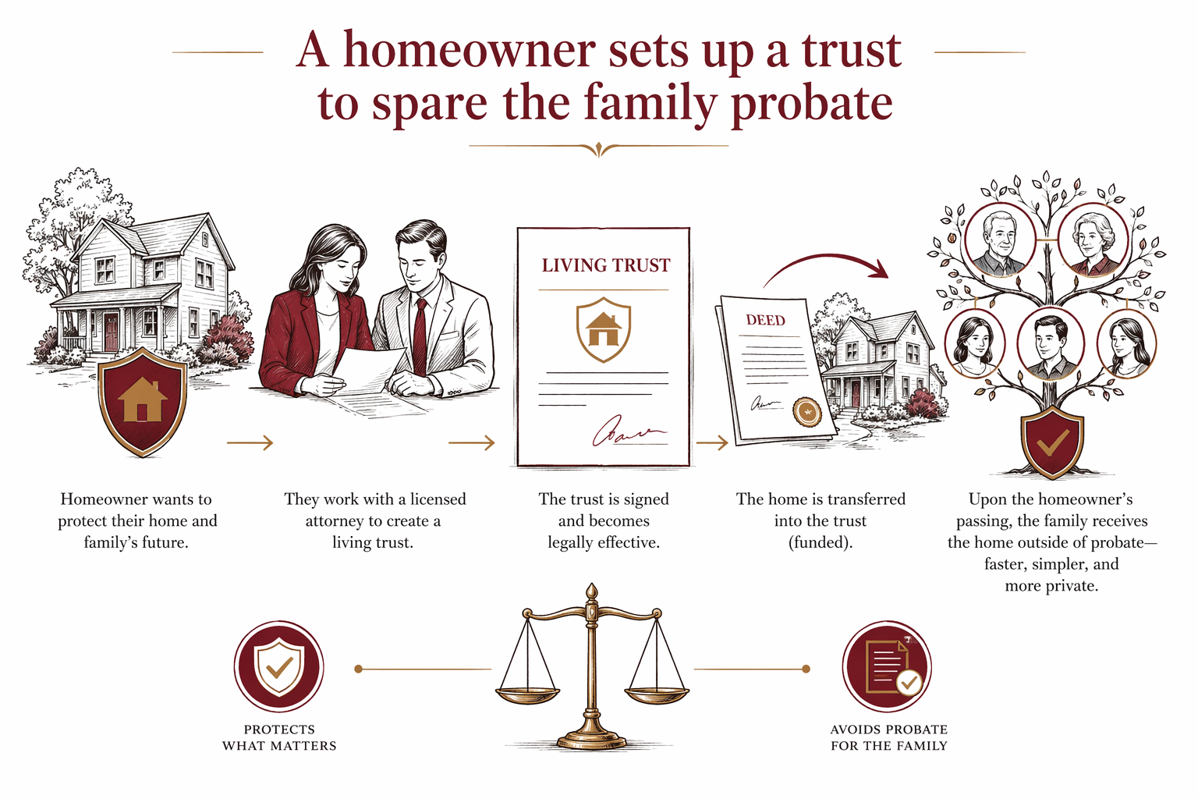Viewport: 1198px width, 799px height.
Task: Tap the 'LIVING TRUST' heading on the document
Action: pos(606,265)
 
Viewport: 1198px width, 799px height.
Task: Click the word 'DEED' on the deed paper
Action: pos(765,320)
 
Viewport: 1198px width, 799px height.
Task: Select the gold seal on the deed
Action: pos(806,411)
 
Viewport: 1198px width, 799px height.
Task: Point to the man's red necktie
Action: pos(420,336)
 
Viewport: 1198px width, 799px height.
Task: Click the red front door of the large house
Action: pos(111,332)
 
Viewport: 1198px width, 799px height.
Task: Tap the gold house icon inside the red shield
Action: pos(142,400)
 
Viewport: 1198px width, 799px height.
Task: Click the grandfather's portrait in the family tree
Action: pos(1000,240)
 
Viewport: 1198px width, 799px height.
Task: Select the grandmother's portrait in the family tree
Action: pos(1093,240)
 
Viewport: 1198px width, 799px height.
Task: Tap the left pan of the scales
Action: pos(527,694)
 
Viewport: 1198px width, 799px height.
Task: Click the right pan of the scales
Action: pos(657,694)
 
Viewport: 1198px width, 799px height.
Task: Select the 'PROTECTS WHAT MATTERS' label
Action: pos(279,737)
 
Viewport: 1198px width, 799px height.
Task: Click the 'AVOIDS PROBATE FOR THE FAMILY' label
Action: pos(889,737)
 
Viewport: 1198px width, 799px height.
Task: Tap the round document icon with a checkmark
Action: pos(888,667)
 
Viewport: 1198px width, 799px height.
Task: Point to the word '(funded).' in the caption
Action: pos(821,542)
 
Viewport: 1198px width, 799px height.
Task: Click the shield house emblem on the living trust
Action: pos(603,329)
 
